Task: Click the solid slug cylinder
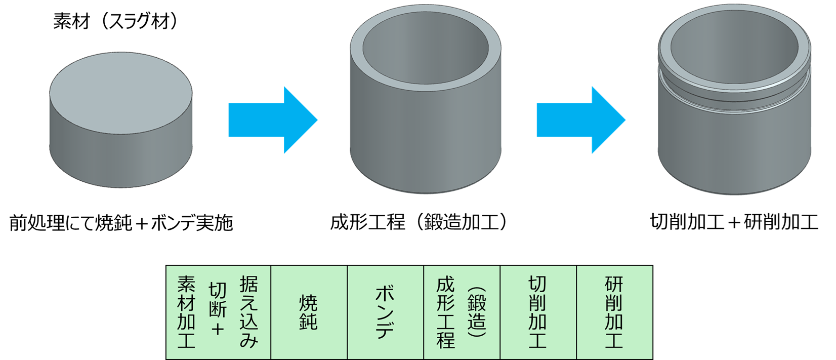(120, 137)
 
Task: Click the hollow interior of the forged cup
(425, 56)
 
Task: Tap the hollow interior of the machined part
(734, 53)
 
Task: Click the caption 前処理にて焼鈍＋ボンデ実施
(121, 223)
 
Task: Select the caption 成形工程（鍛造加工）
(419, 222)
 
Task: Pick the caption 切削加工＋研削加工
(734, 222)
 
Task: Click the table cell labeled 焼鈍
(309, 312)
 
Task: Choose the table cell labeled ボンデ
(385, 312)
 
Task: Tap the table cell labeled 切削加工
(538, 312)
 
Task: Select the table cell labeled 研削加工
(614, 312)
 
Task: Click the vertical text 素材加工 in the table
(186, 312)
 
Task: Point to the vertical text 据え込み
(249, 312)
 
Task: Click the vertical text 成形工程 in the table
(446, 312)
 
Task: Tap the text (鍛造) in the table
(477, 312)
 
